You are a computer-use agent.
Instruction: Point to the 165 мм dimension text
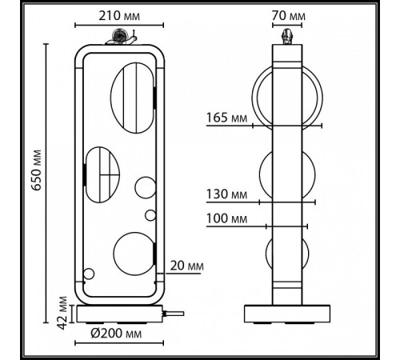click(226, 118)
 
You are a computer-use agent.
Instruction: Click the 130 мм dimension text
click(226, 194)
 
